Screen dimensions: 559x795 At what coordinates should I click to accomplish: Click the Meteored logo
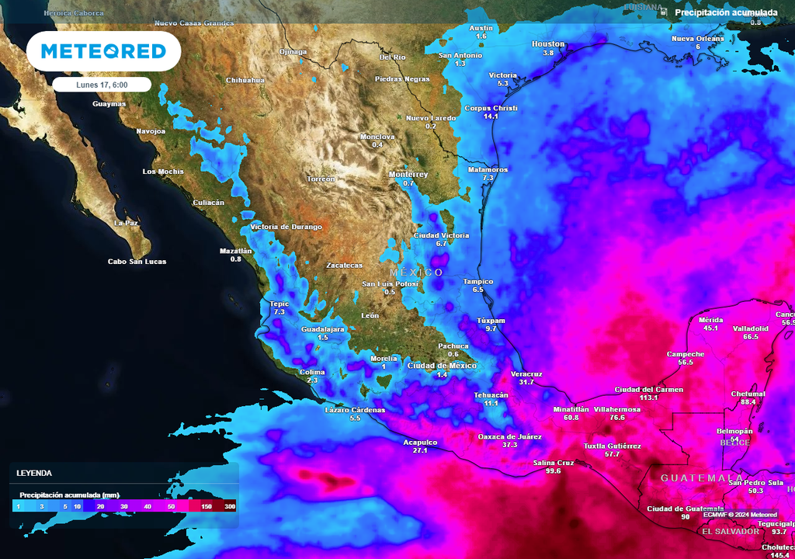click(103, 51)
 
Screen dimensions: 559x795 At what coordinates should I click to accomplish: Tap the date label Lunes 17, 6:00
click(102, 85)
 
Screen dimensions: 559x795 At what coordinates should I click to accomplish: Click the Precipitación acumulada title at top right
click(726, 12)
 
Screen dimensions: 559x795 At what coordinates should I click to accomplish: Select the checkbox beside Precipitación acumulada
click(662, 12)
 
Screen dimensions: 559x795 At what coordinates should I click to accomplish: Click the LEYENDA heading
click(34, 472)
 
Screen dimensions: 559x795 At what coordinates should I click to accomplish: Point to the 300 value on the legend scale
click(229, 506)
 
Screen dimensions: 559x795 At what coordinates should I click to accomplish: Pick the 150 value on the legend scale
click(207, 506)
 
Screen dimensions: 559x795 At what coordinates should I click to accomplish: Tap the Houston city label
click(548, 44)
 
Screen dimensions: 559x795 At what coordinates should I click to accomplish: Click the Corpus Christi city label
click(491, 108)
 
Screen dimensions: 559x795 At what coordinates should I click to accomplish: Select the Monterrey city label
click(408, 175)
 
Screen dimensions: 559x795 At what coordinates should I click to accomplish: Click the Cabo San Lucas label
click(137, 262)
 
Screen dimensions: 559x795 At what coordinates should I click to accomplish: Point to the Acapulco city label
click(420, 443)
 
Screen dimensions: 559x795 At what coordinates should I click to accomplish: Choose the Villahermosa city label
click(617, 409)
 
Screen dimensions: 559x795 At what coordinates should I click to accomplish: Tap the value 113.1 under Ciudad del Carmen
click(648, 398)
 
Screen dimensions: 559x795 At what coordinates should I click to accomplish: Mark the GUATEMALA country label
click(702, 478)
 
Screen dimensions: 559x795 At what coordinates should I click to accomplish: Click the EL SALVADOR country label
click(731, 532)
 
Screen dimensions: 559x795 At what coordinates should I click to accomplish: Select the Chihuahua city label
click(245, 80)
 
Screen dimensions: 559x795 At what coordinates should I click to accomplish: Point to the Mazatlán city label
click(236, 251)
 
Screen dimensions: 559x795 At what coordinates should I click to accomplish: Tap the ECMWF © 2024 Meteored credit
click(741, 515)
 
